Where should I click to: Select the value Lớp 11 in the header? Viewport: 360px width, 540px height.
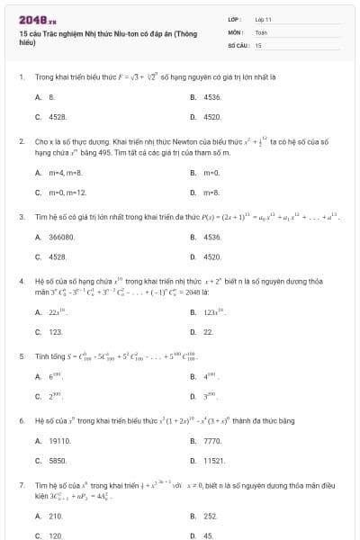point(264,18)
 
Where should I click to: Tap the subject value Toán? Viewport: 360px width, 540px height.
point(260,31)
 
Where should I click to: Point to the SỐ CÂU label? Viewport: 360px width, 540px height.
point(238,43)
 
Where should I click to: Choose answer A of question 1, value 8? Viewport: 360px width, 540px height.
point(52,95)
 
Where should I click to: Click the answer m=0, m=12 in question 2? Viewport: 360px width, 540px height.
point(68,192)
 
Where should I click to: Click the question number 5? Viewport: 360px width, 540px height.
point(21,355)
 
